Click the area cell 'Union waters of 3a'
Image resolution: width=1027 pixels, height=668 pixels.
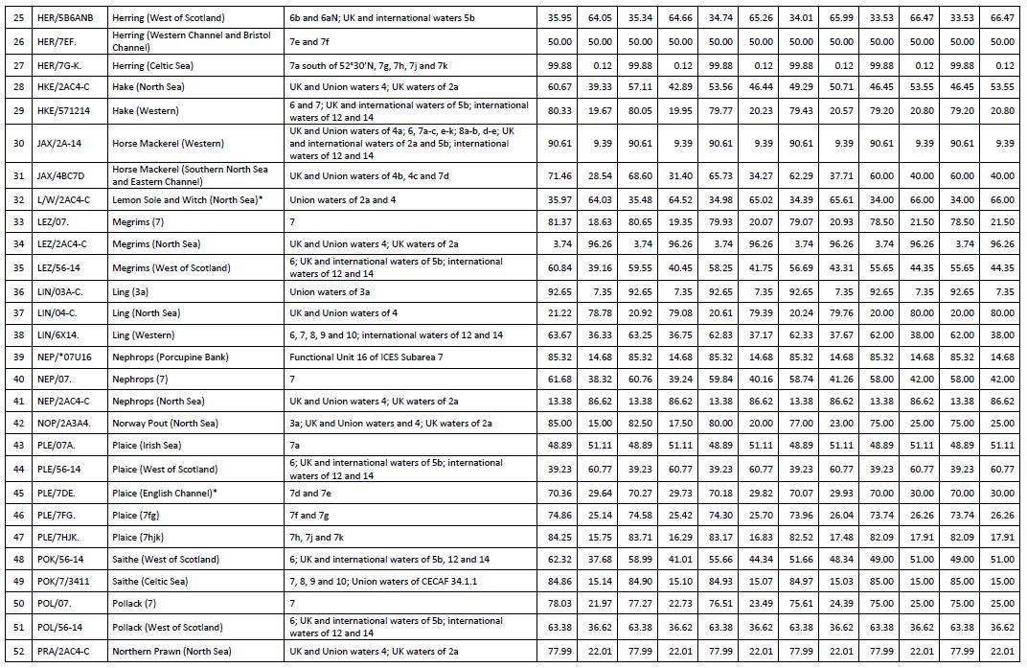331,289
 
